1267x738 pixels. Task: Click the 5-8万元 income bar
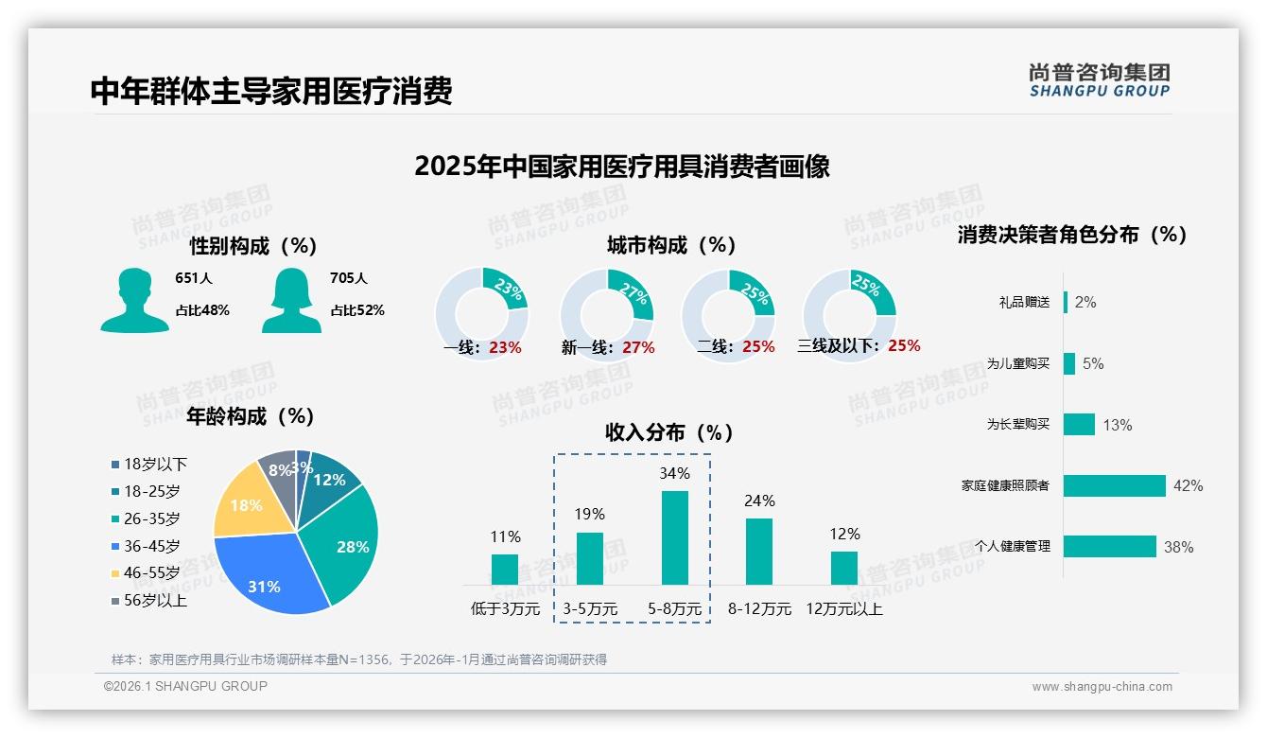[x=674, y=536]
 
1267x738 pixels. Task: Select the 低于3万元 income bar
[x=505, y=569]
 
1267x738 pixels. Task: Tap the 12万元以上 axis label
[x=843, y=609]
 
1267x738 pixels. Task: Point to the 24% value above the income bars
[x=759, y=501]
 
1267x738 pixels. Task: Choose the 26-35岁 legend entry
[x=146, y=518]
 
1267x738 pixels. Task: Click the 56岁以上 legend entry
[x=149, y=601]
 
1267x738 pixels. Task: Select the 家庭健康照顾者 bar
[x=1115, y=485]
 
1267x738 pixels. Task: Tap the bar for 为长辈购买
[x=1079, y=424]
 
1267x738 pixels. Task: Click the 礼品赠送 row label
[x=1024, y=303]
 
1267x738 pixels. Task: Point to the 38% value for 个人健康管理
[x=1178, y=547]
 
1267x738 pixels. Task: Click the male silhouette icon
[x=134, y=301]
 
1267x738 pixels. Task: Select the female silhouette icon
[x=292, y=301]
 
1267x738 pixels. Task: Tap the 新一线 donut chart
[x=606, y=312]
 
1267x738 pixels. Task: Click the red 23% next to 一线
[x=505, y=347]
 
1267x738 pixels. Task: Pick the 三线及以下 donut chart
[x=849, y=312]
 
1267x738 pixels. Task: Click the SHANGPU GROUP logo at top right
[x=1099, y=80]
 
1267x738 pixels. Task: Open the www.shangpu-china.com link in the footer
[x=1102, y=687]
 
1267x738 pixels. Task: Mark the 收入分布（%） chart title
[x=669, y=432]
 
